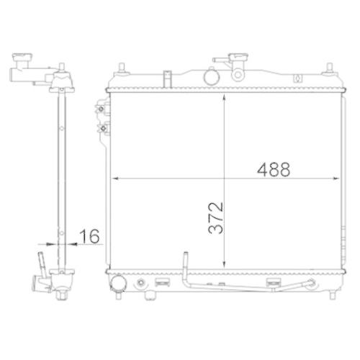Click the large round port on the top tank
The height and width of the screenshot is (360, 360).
click(211, 75)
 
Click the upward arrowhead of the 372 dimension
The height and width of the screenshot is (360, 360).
click(226, 96)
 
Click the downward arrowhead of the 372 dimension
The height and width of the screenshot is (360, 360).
click(226, 264)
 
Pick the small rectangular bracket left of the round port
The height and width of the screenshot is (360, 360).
click(166, 75)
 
